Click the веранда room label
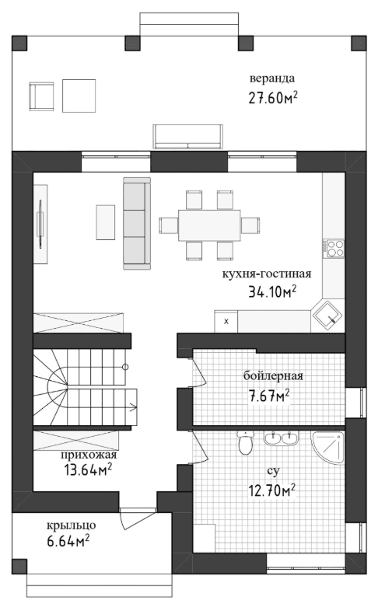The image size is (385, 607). (x=272, y=78)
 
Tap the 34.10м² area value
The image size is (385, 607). (x=272, y=291)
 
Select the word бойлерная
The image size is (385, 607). (x=273, y=376)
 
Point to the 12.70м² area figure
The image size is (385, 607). (x=272, y=490)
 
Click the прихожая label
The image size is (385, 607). (x=89, y=455)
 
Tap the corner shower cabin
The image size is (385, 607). (x=327, y=447)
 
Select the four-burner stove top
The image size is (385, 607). (x=334, y=248)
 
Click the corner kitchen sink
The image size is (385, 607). (x=327, y=315)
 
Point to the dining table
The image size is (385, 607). (x=209, y=225)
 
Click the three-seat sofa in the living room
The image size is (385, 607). (x=137, y=223)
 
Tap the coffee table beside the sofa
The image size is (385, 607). (x=106, y=222)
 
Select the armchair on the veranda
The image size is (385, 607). (x=41, y=96)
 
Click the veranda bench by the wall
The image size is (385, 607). (x=188, y=136)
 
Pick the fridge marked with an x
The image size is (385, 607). (x=226, y=321)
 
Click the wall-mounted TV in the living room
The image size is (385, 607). (x=40, y=224)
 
